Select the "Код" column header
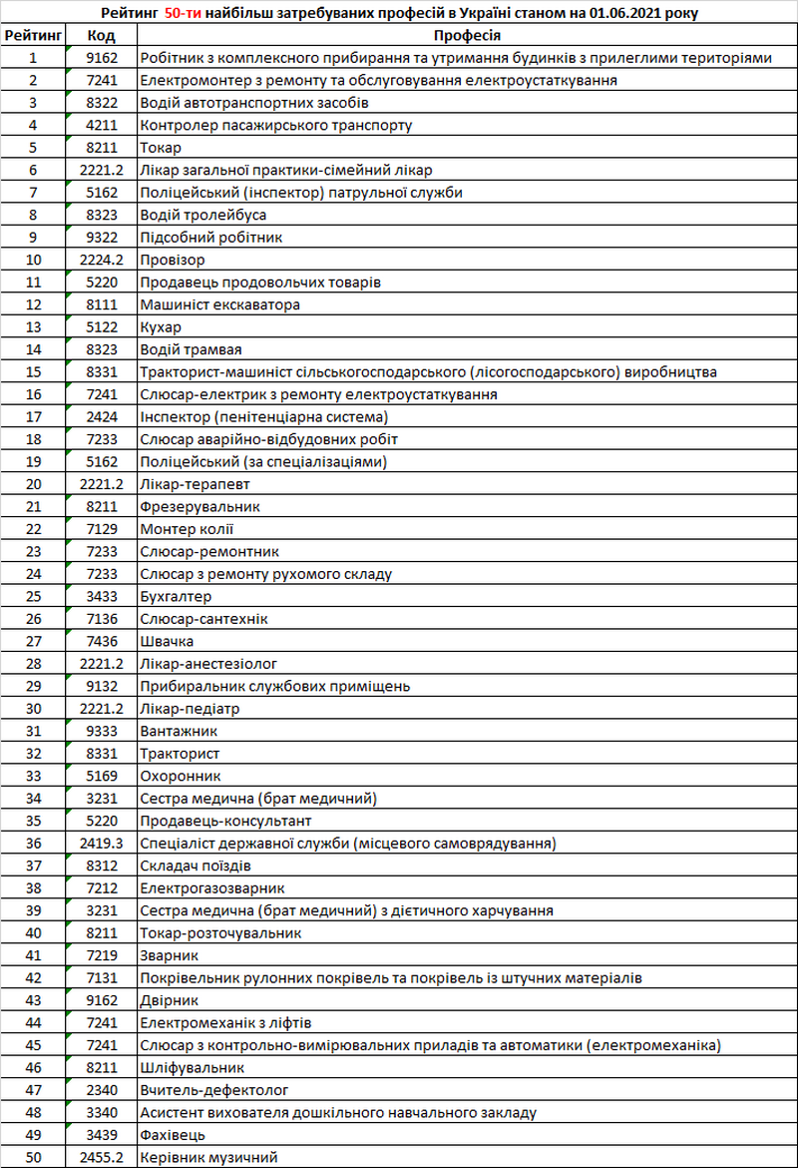pyautogui.click(x=101, y=35)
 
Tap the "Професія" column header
pyautogui.click(x=467, y=35)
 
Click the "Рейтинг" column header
pyautogui.click(x=33, y=35)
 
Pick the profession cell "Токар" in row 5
pyautogui.click(x=161, y=148)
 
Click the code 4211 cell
pyautogui.click(x=101, y=125)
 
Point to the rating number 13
pyautogui.click(x=33, y=327)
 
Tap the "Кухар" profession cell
pyautogui.click(x=161, y=327)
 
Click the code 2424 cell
pyautogui.click(x=101, y=416)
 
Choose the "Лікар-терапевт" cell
pyautogui.click(x=195, y=484)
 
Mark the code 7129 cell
pyautogui.click(x=101, y=529)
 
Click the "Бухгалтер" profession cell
pyautogui.click(x=176, y=596)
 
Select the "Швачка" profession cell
pyautogui.click(x=167, y=641)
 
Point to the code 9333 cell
pyautogui.click(x=101, y=731)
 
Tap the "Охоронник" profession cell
pyautogui.click(x=180, y=776)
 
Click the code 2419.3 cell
pyautogui.click(x=101, y=843)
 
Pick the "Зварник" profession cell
pyautogui.click(x=169, y=955)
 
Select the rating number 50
pyautogui.click(x=33, y=1157)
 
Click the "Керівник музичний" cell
pyautogui.click(x=208, y=1157)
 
